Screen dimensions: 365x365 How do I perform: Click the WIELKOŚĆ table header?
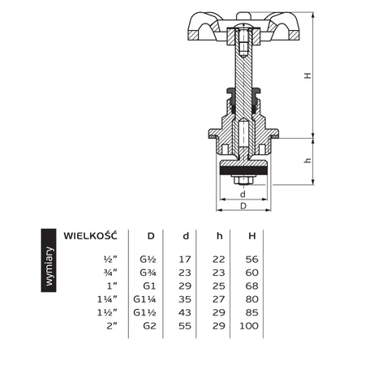pos(91,235)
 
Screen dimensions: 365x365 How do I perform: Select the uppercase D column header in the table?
pos(150,235)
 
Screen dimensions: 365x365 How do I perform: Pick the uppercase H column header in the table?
pos(252,235)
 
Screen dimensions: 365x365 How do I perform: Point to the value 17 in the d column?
pos(186,260)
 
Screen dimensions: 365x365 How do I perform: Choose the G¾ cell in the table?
pos(150,273)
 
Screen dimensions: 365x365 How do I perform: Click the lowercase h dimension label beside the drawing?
pos(307,161)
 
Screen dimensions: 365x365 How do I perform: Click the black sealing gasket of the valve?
pos(243,171)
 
